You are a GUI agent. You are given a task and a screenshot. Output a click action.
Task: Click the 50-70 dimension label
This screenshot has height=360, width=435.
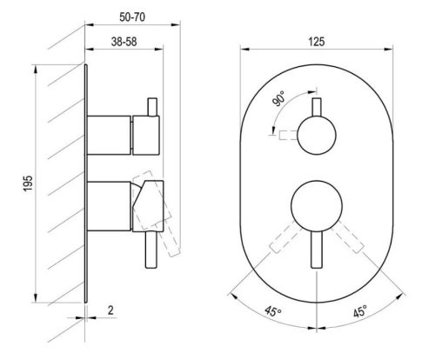[132, 17]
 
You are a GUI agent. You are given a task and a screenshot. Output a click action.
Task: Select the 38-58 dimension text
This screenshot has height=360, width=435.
[124, 42]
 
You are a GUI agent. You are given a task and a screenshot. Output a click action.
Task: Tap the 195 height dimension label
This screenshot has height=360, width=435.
[28, 183]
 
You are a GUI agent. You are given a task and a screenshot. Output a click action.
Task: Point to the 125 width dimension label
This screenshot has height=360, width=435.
[317, 42]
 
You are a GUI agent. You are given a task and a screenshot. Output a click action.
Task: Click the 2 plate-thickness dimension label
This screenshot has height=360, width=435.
[110, 310]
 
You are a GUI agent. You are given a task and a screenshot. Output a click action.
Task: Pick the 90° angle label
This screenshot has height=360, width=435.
[278, 98]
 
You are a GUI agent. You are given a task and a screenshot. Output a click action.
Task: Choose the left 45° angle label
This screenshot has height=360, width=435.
[272, 311]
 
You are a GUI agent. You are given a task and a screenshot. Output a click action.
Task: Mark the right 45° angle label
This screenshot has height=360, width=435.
[360, 311]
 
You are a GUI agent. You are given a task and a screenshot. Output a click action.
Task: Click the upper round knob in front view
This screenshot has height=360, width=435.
[317, 135]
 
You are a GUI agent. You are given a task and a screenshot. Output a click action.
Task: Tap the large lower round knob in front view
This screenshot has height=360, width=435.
[317, 206]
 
